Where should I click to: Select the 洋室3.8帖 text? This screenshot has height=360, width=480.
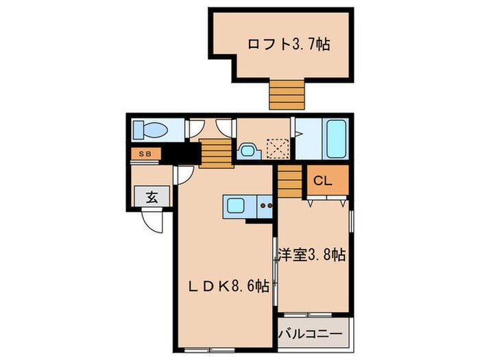(x=311, y=255)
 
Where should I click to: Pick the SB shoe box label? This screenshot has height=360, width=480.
(x=145, y=154)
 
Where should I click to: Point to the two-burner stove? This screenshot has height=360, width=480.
(x=266, y=205)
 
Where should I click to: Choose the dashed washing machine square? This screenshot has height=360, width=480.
(x=277, y=148)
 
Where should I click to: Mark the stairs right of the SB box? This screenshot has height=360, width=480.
(x=213, y=152)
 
